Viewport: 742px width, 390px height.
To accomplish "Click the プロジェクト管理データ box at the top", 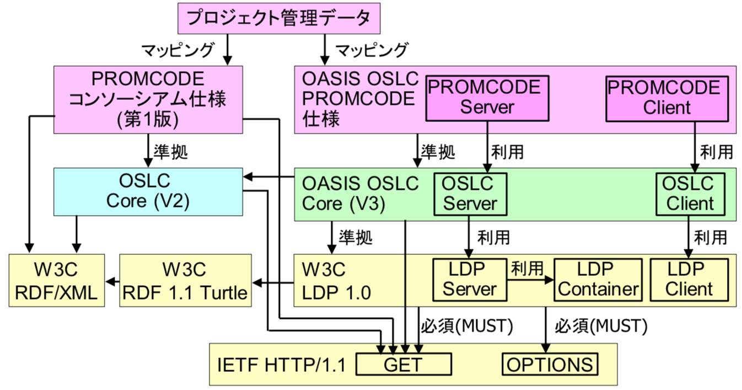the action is (x=279, y=19).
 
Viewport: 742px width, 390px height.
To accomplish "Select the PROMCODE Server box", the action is (x=487, y=98).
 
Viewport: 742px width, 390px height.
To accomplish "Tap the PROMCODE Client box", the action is (x=667, y=99).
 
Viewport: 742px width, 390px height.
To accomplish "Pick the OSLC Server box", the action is (x=470, y=194).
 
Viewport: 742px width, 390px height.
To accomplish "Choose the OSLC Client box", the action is (x=690, y=194).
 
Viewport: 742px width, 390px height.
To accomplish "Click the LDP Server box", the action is (x=470, y=280).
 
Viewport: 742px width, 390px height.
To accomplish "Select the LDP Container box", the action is (x=598, y=280).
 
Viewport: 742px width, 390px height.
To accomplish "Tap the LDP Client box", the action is (x=689, y=280).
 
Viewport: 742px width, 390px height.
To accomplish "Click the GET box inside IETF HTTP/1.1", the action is (x=404, y=364).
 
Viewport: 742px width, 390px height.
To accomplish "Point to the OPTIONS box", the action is (x=550, y=364).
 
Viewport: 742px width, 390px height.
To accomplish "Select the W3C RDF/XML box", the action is (x=57, y=281).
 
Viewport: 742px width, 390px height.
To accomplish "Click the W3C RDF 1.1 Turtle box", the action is (x=185, y=281).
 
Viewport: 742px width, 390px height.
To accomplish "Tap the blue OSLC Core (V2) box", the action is (x=148, y=192).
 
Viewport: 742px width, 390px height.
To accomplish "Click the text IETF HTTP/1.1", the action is (x=282, y=365).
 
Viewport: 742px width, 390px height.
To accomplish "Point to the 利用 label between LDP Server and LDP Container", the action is (x=528, y=269).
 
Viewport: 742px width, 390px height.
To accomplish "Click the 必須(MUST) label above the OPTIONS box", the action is (x=601, y=325).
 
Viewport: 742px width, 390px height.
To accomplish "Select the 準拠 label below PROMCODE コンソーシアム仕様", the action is (x=170, y=152).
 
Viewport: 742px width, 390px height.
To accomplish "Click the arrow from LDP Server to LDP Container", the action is (x=530, y=280).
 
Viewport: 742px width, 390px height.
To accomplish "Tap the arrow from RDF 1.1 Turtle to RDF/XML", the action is (x=112, y=282).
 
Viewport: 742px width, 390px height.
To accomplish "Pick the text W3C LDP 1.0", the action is (x=336, y=281).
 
